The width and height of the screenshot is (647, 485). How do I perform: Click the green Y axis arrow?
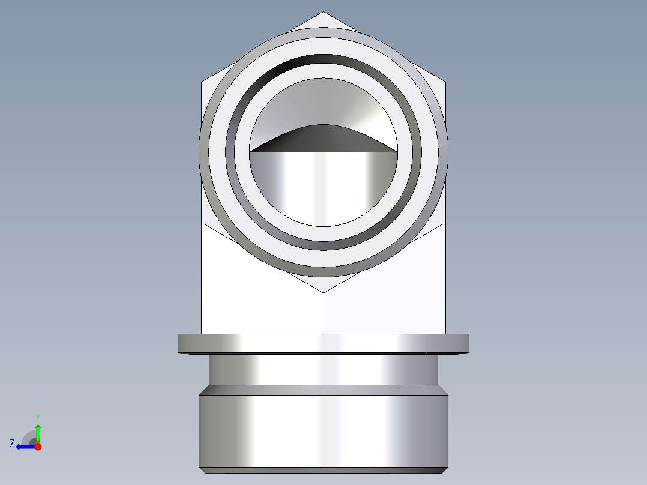pyautogui.click(x=38, y=431)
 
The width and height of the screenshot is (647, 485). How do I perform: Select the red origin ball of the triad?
pyautogui.click(x=38, y=447)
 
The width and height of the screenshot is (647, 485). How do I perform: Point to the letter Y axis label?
pyautogui.click(x=38, y=417)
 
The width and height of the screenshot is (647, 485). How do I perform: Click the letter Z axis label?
pyautogui.click(x=12, y=443)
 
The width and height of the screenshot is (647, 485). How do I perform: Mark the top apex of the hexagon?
pyautogui.click(x=323, y=12)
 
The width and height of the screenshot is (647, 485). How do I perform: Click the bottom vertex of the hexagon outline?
pyautogui.click(x=323, y=293)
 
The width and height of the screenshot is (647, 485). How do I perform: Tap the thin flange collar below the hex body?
pyautogui.click(x=323, y=343)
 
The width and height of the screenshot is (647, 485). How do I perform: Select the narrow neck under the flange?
pyautogui.click(x=323, y=369)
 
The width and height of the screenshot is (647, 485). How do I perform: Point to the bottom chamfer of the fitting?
pyautogui.click(x=323, y=470)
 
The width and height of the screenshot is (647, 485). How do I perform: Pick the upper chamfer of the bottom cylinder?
pyautogui.click(x=323, y=390)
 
